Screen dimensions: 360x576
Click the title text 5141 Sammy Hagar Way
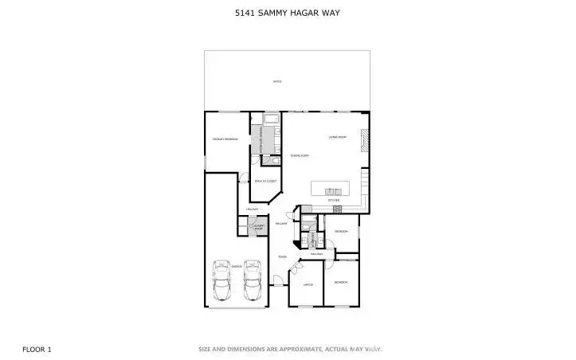coord(288,12)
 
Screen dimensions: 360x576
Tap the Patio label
coord(277,81)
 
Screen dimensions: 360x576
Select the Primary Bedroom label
coord(225,139)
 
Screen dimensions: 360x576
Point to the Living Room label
coord(338,137)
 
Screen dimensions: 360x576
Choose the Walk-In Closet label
coord(264,182)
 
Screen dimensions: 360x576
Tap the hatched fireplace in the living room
coord(365,141)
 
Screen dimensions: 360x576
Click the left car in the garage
coord(222,279)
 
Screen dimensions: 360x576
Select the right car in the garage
coord(253,279)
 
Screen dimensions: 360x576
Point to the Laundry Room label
coord(257,228)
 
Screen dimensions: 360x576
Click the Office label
coord(308,284)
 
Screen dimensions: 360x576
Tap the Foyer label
coord(282,256)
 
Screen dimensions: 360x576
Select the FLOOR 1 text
coord(37,348)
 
